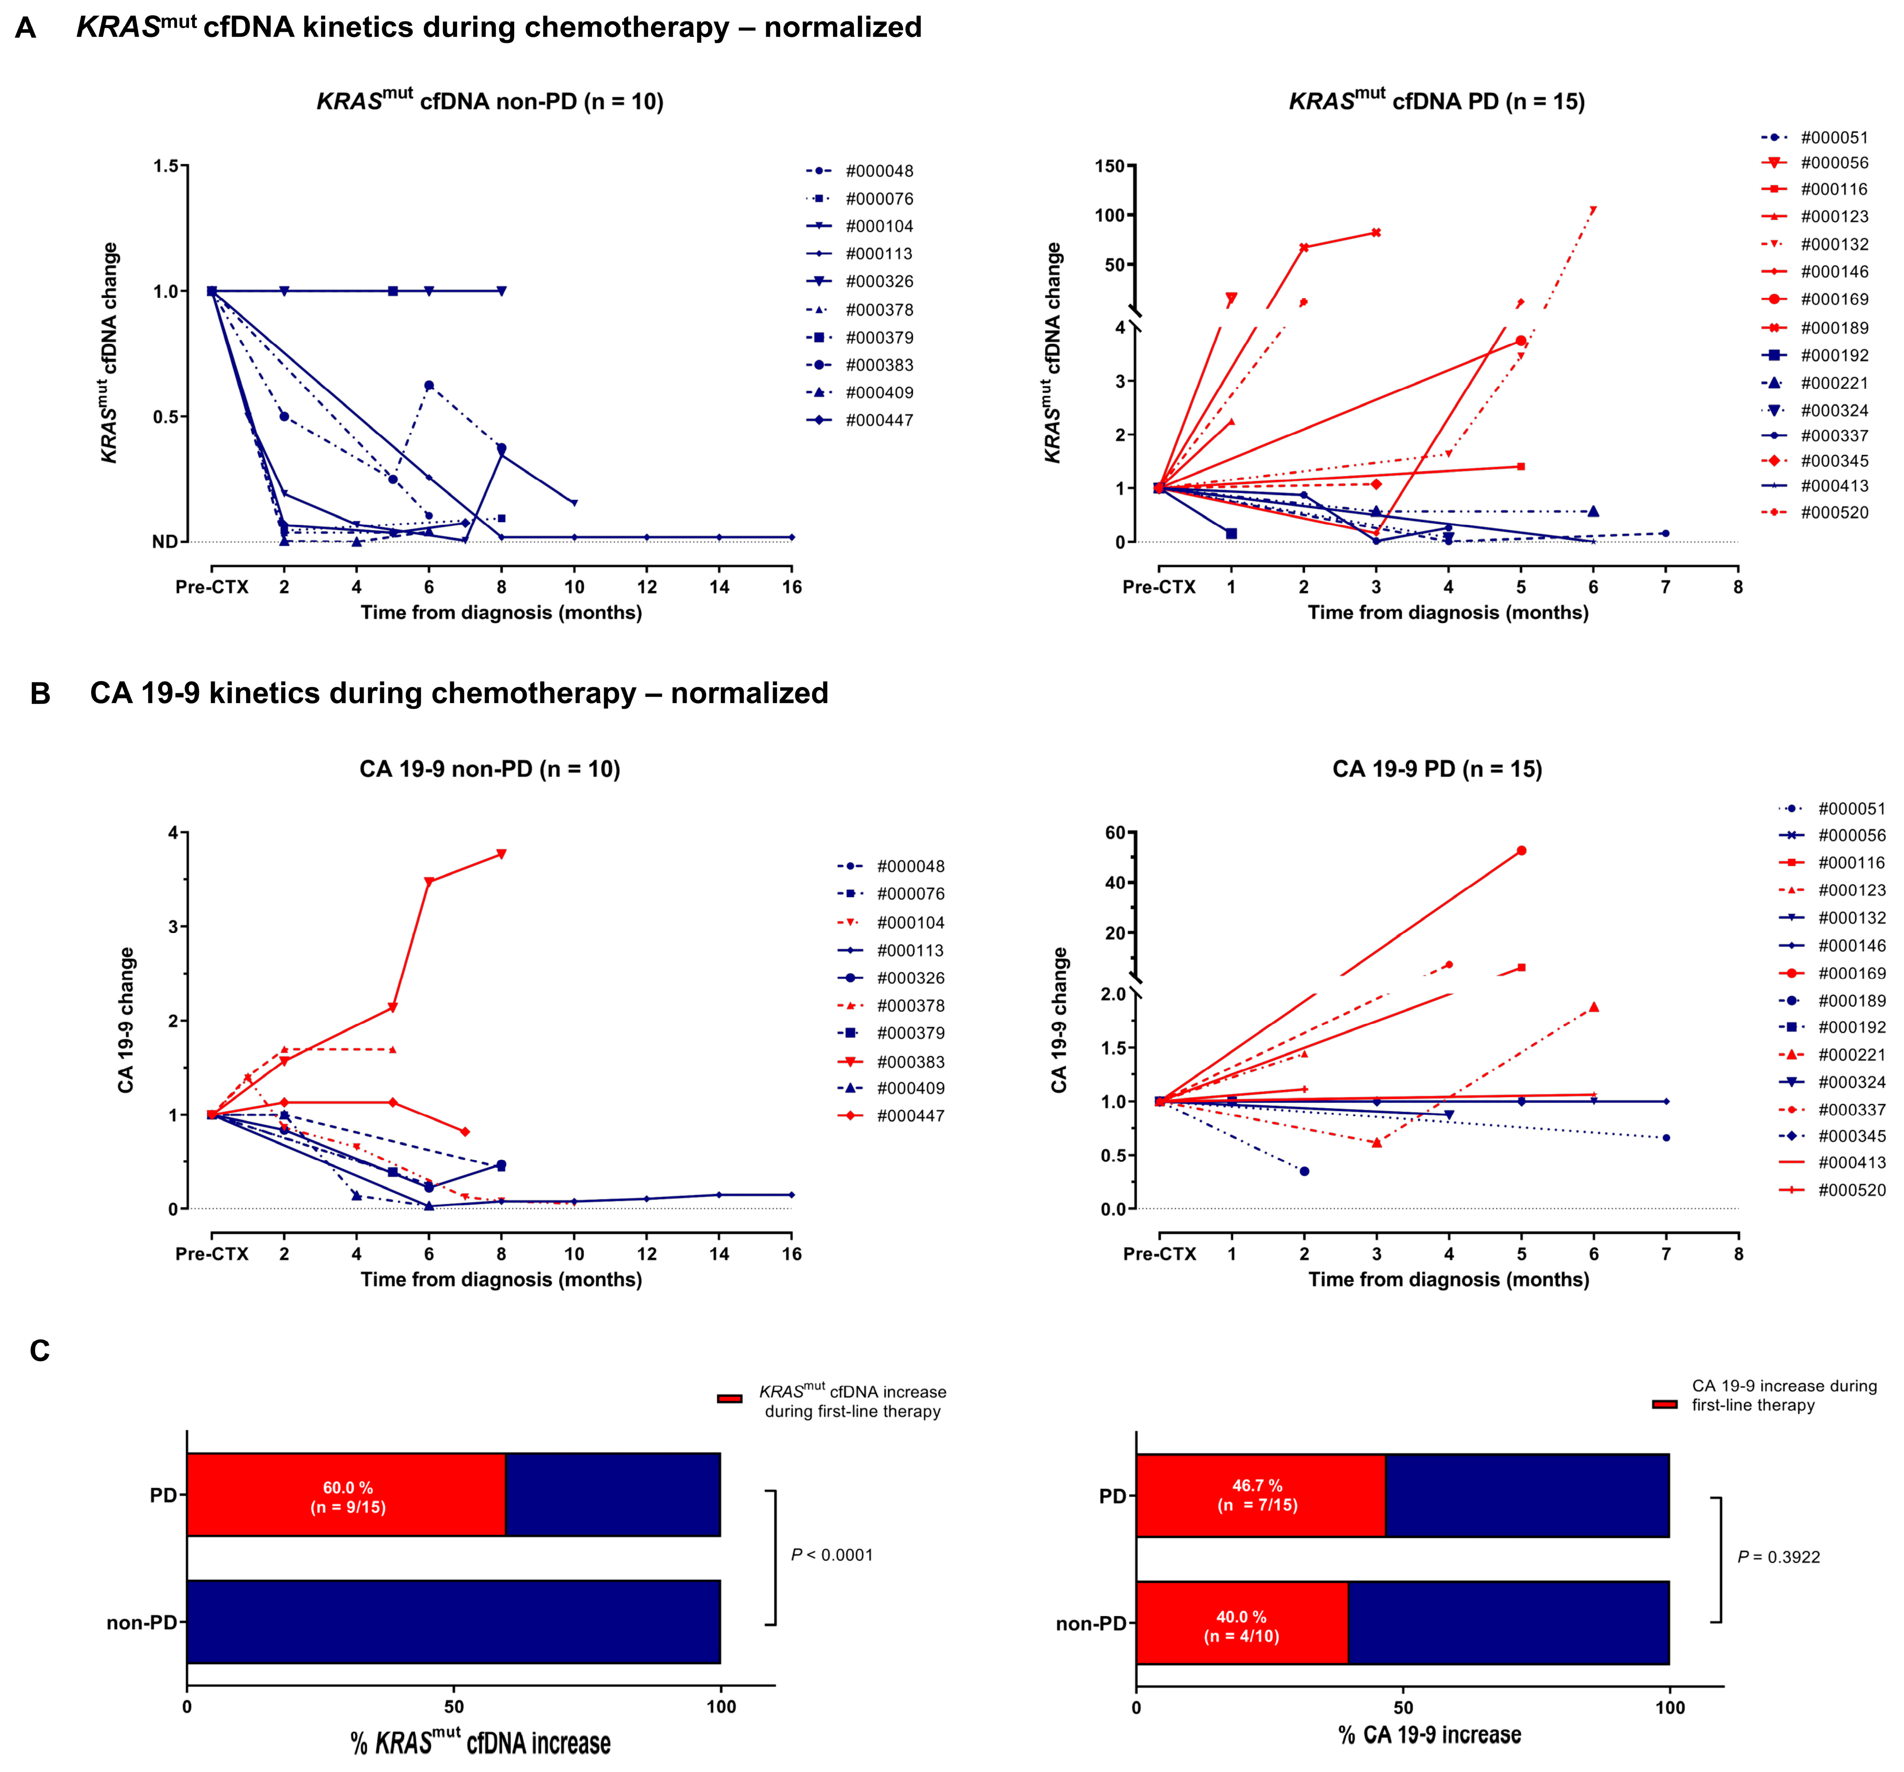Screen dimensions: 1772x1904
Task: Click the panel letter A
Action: [26, 28]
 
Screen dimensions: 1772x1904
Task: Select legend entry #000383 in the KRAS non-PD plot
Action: [878, 365]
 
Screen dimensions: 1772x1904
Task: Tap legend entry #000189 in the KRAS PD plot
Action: [1833, 328]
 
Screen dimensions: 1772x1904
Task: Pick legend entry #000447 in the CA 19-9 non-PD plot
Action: [910, 1116]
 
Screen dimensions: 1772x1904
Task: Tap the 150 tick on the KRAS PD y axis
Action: [1109, 166]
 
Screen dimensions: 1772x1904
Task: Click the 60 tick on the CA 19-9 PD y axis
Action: [1115, 833]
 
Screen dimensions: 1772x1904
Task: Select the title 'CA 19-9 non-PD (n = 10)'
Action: [489, 769]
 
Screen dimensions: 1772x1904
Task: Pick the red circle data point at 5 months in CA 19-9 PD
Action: [1521, 851]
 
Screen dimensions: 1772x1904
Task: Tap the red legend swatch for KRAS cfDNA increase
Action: [730, 1398]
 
